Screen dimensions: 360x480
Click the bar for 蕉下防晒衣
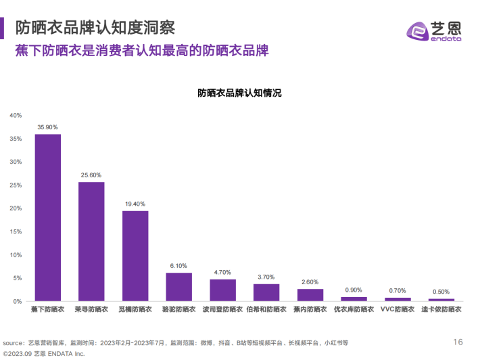(x=48, y=217)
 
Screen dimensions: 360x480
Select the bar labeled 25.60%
(x=91, y=241)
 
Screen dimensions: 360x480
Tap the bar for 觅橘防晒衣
(x=135, y=256)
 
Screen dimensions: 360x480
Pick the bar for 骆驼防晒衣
(x=179, y=286)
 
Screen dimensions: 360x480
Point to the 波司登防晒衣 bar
(x=222, y=290)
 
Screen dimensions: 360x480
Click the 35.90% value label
(x=48, y=127)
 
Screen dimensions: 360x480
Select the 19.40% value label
(x=135, y=204)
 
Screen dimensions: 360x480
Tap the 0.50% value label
(x=441, y=292)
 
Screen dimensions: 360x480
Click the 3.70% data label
(x=266, y=277)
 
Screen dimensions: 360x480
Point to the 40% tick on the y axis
(x=16, y=115)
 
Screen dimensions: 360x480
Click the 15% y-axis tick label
(x=16, y=231)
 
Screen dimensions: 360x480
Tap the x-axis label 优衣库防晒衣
(x=354, y=309)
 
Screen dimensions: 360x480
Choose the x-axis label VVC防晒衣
(x=398, y=309)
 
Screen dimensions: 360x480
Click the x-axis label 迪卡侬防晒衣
(x=441, y=309)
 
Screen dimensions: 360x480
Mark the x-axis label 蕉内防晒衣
(x=310, y=309)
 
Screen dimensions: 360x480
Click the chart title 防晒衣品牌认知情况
(x=239, y=93)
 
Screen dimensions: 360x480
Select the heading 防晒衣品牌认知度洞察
(x=95, y=28)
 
